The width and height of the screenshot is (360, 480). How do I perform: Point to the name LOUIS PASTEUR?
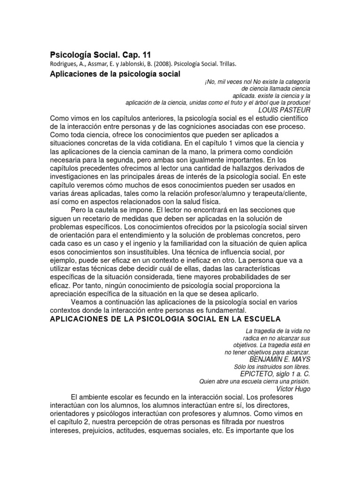pyautogui.click(x=285, y=110)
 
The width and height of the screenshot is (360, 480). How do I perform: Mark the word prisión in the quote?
pyautogui.click(x=299, y=381)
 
